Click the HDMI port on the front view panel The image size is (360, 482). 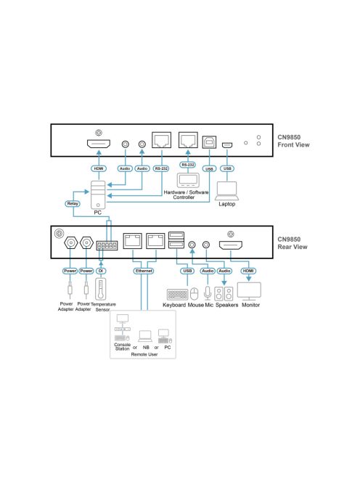[x=99, y=144]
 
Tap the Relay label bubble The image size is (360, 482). [x=73, y=203]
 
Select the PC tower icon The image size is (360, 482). [x=98, y=195]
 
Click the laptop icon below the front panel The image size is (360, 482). [x=227, y=191]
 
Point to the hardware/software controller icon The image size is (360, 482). [x=188, y=181]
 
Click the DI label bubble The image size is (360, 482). [x=101, y=271]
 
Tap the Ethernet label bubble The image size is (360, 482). [x=144, y=271]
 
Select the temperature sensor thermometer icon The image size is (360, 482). [x=100, y=289]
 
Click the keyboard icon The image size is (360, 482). [x=177, y=295]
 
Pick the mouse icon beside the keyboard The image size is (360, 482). [x=195, y=294]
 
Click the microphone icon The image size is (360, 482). [x=208, y=293]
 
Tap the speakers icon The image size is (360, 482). [x=224, y=293]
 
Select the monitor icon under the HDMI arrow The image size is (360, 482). [x=249, y=291]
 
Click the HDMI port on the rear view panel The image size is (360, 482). [x=231, y=245]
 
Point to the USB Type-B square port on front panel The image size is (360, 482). [x=209, y=142]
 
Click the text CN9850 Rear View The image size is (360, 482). [x=292, y=243]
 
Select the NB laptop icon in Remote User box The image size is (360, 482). [x=145, y=336]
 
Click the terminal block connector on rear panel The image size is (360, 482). [x=107, y=245]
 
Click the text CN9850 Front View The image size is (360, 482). [x=293, y=141]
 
